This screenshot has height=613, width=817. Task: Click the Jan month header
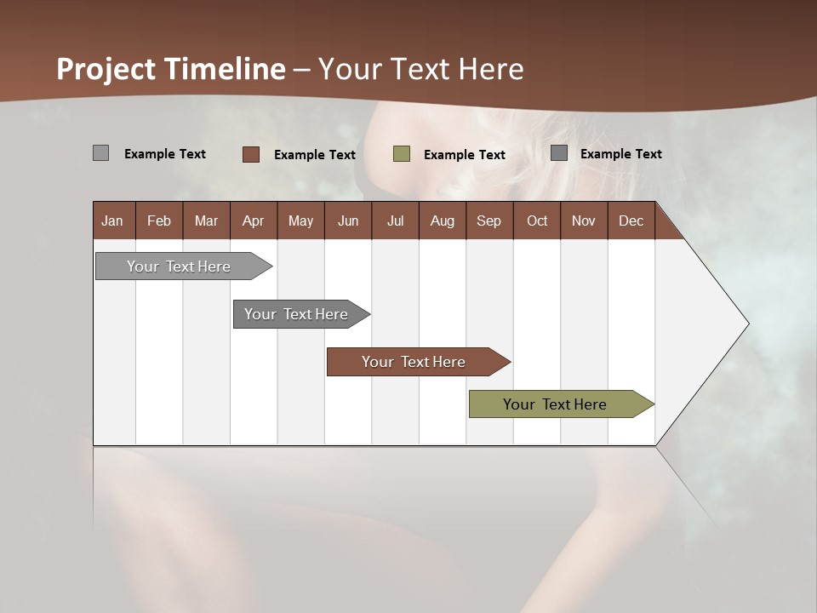click(x=112, y=221)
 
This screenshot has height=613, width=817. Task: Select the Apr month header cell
click(x=254, y=221)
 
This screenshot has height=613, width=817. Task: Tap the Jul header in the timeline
click(x=395, y=221)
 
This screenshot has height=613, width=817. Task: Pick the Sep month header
click(x=488, y=221)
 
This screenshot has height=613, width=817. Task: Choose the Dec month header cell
click(x=631, y=221)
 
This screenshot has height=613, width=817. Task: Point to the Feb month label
click(x=159, y=221)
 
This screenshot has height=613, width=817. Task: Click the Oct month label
click(x=537, y=221)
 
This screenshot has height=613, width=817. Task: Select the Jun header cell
click(x=348, y=221)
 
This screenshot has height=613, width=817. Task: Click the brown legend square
click(x=251, y=154)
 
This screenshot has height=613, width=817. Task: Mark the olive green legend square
click(x=402, y=154)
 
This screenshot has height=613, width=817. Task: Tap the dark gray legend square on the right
click(x=559, y=152)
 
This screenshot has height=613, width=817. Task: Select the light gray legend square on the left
click(x=100, y=153)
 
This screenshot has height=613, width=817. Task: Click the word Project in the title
click(x=107, y=69)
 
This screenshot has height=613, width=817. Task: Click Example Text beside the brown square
click(x=314, y=155)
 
